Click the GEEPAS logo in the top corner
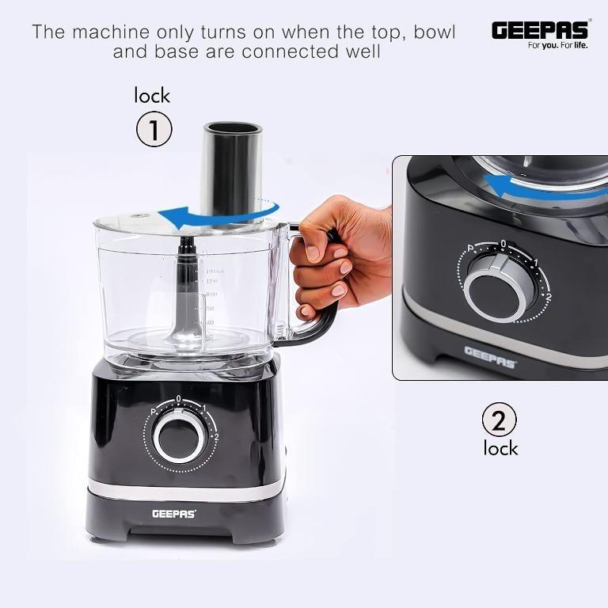click(x=541, y=29)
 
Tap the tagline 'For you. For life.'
click(x=558, y=46)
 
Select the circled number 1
click(x=154, y=130)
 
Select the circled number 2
click(x=499, y=420)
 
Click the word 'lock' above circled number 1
click(x=152, y=96)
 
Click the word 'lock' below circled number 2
click(x=500, y=448)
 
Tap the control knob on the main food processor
click(x=180, y=436)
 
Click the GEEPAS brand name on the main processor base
click(x=174, y=514)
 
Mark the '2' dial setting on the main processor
click(x=215, y=435)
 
